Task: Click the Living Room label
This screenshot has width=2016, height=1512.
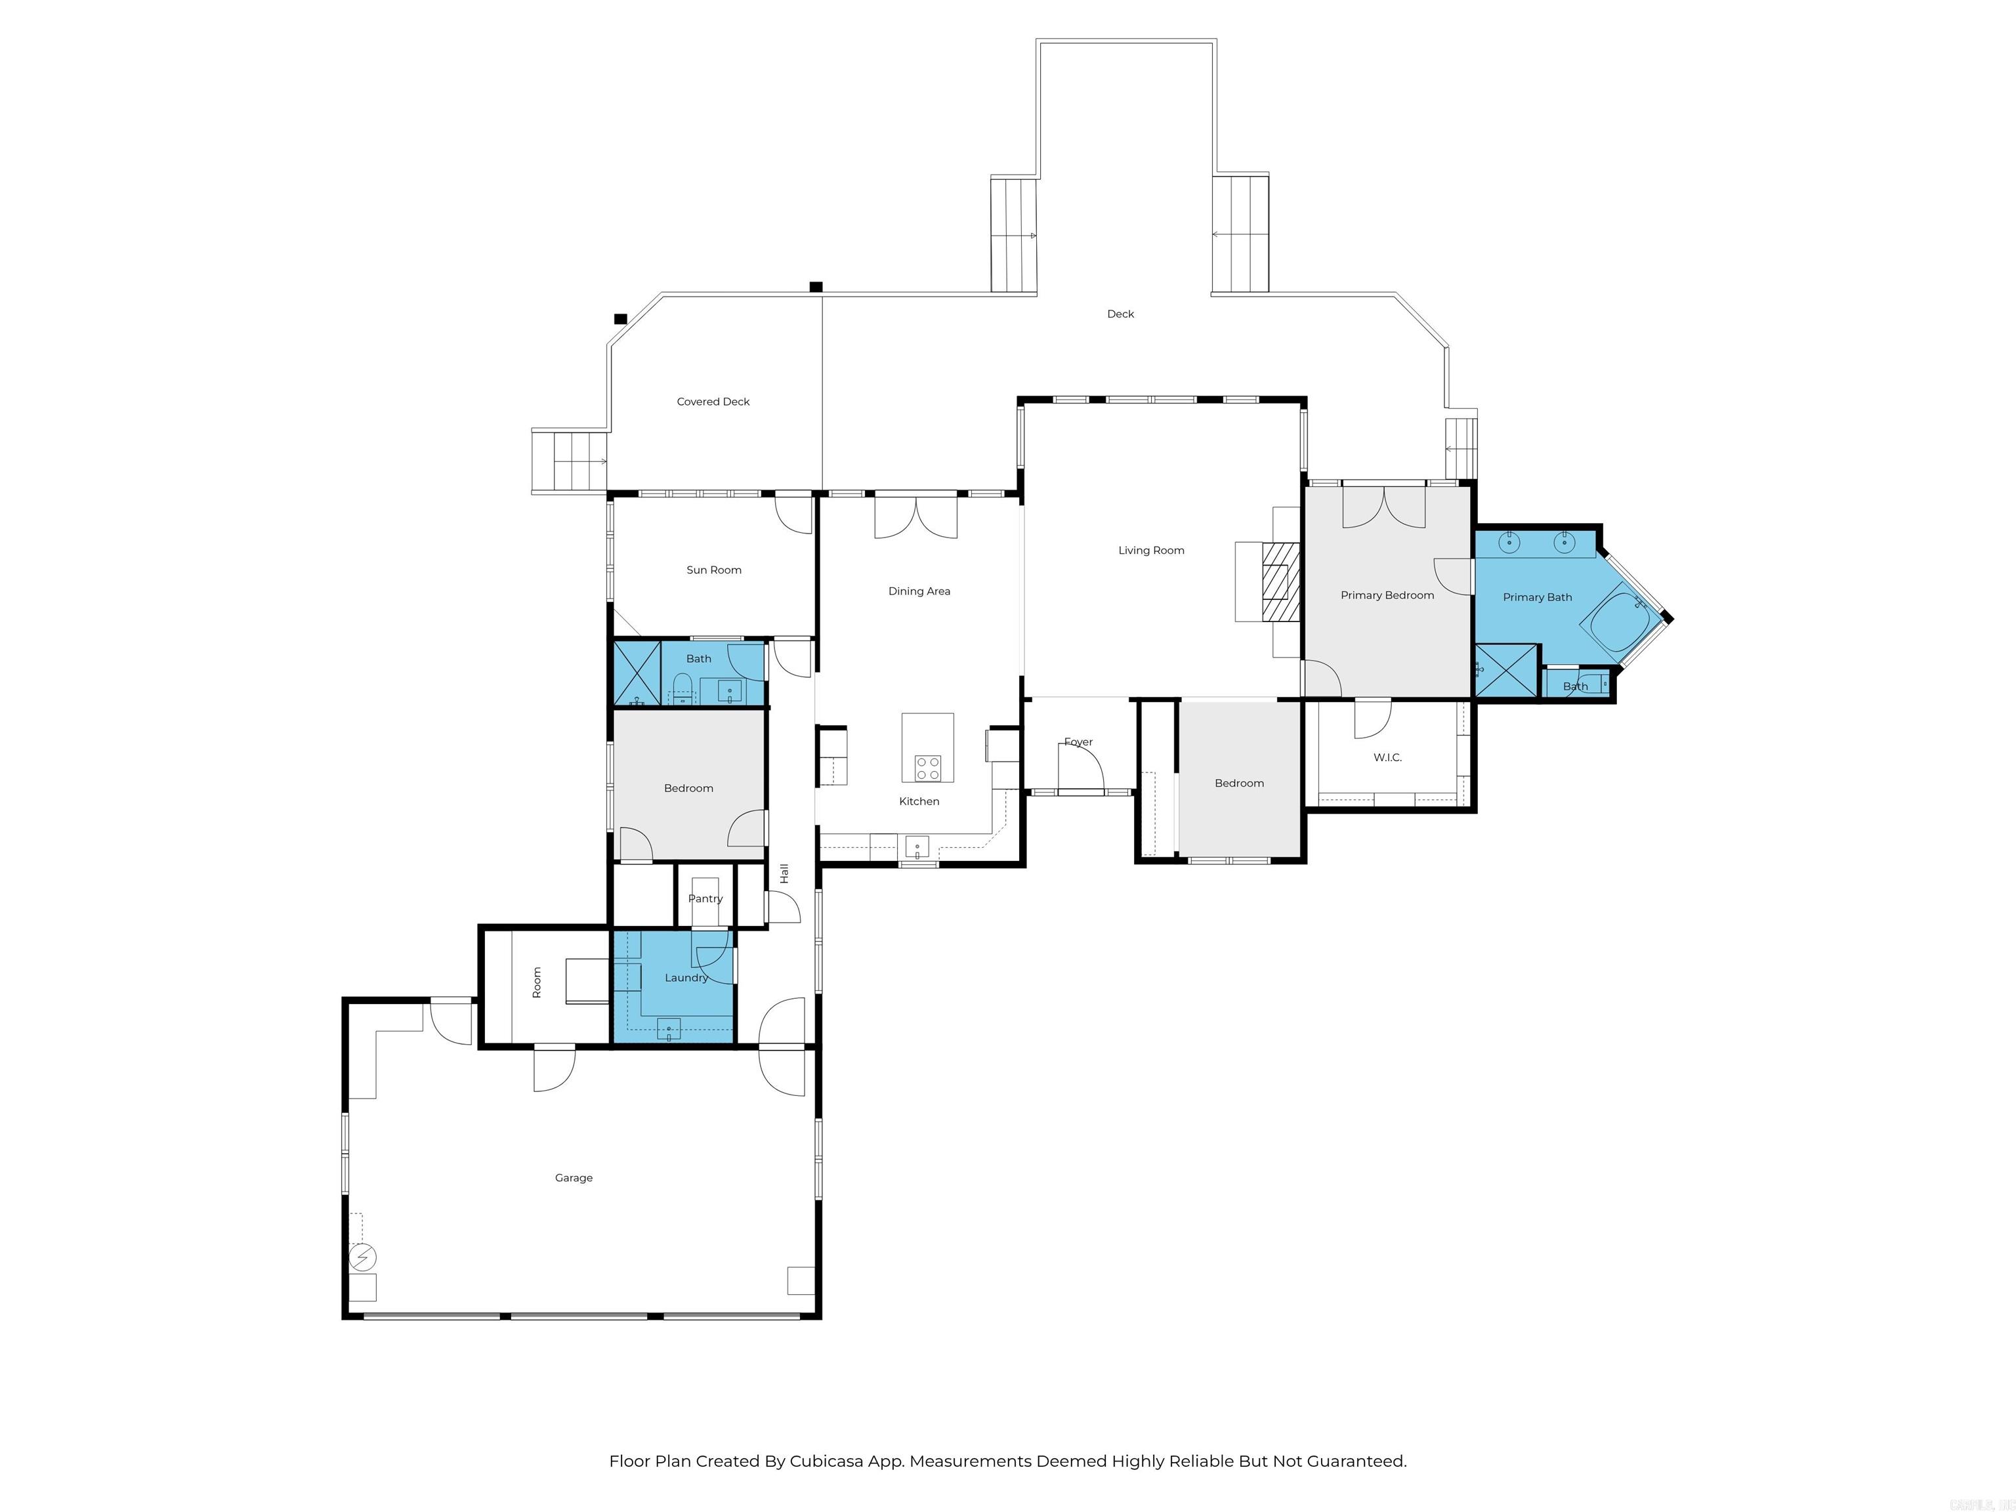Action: click(1151, 551)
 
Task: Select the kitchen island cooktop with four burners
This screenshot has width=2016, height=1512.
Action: click(928, 768)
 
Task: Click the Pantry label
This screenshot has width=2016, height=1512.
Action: click(705, 898)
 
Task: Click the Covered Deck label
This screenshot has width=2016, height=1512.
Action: click(713, 402)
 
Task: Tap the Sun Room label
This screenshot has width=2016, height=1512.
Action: click(713, 570)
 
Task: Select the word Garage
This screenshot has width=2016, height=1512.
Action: click(574, 1179)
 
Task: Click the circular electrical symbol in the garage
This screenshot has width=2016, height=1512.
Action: click(363, 1258)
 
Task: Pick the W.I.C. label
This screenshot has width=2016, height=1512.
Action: click(1387, 758)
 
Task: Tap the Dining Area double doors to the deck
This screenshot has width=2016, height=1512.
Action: click(916, 516)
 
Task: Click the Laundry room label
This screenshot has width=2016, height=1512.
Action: click(685, 978)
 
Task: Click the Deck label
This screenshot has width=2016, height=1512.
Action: click(1120, 314)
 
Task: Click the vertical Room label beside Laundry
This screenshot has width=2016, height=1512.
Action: click(537, 982)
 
